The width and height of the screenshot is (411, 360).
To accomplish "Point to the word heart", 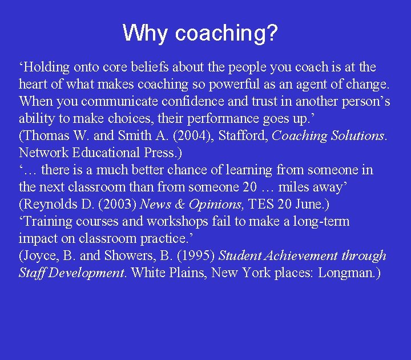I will point(34,85).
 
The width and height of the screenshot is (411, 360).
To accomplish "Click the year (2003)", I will point(117,204).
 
